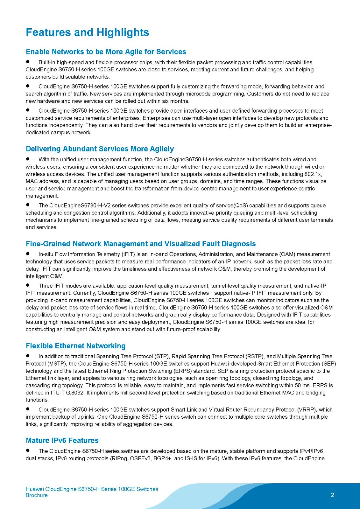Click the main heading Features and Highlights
[87, 32]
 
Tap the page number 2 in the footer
[333, 495]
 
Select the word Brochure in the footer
[37, 495]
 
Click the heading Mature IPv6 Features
[62, 440]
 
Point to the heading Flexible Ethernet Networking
[75, 346]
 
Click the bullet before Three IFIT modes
[28, 285]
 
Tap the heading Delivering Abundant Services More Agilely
[100, 149]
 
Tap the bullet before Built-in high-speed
[28, 62]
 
